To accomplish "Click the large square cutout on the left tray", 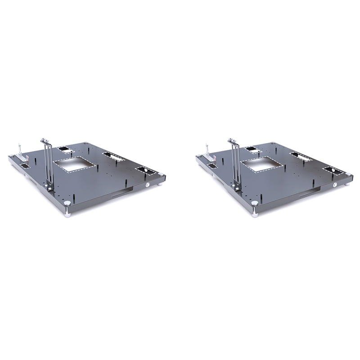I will click(75, 165).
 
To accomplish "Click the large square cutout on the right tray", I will click(263, 165).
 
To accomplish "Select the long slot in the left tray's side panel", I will click(118, 193).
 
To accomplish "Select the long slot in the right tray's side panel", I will click(306, 193).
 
